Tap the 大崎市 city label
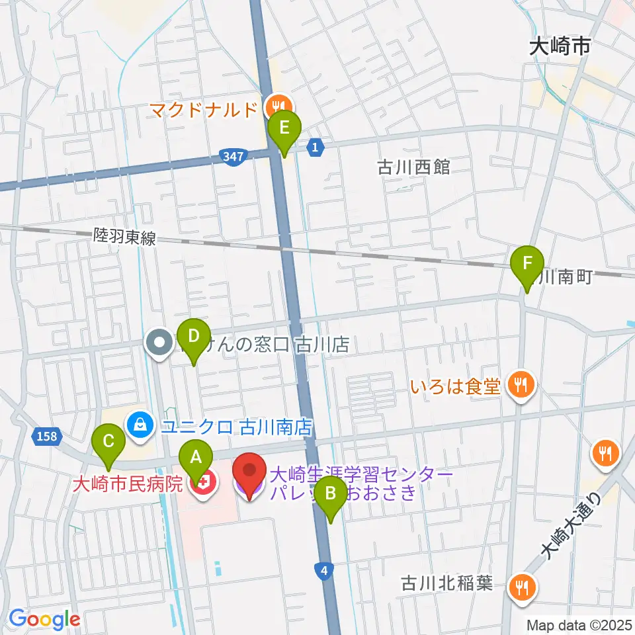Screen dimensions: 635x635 tap(560, 48)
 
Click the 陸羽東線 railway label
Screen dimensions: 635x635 tap(125, 237)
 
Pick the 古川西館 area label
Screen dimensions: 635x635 tap(413, 167)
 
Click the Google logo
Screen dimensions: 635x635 tap(44, 620)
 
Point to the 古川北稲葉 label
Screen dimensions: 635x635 tap(448, 585)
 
